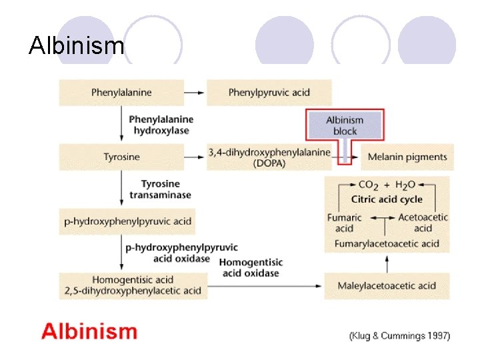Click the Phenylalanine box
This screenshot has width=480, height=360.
(x=121, y=92)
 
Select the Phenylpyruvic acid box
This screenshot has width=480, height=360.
(x=269, y=92)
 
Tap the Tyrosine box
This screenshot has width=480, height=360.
(x=121, y=157)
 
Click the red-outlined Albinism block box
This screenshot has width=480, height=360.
(x=345, y=125)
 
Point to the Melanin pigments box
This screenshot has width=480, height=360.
(x=407, y=157)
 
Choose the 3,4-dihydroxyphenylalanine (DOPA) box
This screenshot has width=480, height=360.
(x=269, y=157)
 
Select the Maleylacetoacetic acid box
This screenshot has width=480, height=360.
(x=387, y=286)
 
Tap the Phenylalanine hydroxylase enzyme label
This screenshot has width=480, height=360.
(x=161, y=125)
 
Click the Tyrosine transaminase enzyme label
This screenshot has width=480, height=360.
(x=160, y=189)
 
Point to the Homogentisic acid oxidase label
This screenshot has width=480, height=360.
(x=251, y=267)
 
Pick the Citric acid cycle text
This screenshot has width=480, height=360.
(x=387, y=199)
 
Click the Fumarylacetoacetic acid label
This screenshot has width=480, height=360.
(x=387, y=243)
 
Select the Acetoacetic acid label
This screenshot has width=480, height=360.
(x=423, y=223)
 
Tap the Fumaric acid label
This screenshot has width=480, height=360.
(x=345, y=223)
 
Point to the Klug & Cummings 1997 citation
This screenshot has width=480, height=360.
(x=400, y=335)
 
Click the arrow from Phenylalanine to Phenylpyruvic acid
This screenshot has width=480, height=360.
(x=195, y=92)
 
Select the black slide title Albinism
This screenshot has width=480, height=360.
(x=77, y=46)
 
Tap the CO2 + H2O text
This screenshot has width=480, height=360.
(x=387, y=185)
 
